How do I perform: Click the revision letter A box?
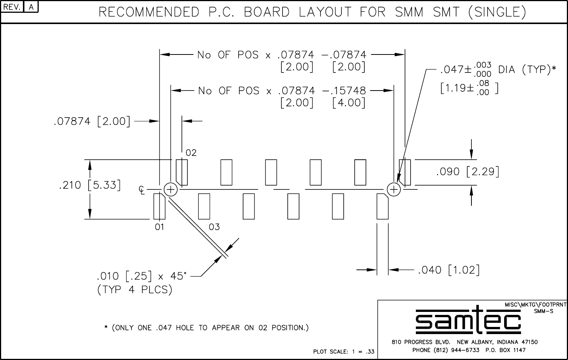(31, 8)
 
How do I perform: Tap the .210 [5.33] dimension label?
(90, 185)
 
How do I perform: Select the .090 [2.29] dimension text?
(467, 172)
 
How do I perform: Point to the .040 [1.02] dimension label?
(449, 270)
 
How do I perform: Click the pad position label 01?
(160, 227)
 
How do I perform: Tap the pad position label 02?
(191, 153)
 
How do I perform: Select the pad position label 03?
(214, 227)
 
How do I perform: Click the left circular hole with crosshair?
(171, 189)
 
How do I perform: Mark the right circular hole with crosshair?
(394, 189)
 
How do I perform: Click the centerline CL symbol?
(142, 190)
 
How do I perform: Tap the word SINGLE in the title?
(497, 12)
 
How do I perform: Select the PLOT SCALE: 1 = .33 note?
(344, 352)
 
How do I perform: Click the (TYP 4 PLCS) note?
(134, 290)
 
